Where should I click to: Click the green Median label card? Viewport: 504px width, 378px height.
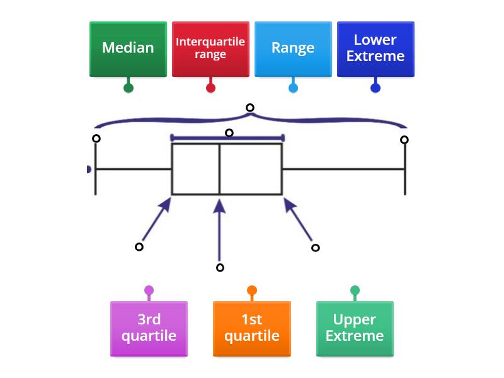(128, 49)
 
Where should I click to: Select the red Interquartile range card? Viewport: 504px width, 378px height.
(210, 49)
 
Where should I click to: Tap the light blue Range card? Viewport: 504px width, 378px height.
(293, 49)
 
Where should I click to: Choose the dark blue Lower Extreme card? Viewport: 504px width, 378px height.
(375, 49)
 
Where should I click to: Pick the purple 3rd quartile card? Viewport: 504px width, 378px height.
(149, 328)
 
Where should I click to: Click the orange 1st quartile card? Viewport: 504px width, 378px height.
(252, 328)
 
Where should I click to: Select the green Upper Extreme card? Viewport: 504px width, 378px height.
(355, 328)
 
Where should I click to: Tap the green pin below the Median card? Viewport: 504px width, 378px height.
(129, 88)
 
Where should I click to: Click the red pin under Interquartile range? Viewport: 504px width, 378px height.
(210, 88)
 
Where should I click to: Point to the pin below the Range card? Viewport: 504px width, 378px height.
(293, 88)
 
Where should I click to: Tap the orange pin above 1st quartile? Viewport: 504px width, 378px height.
(252, 290)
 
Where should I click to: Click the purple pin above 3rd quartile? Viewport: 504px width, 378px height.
(149, 290)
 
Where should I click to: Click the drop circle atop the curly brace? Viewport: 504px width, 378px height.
(250, 108)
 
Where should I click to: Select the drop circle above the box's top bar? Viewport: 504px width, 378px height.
(229, 133)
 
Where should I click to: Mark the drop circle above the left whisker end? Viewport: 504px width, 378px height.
(96, 139)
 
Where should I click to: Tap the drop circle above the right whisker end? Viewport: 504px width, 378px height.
(404, 140)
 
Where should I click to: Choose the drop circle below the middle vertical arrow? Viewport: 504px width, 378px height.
(220, 268)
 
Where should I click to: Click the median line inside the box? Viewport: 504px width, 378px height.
(220, 169)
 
